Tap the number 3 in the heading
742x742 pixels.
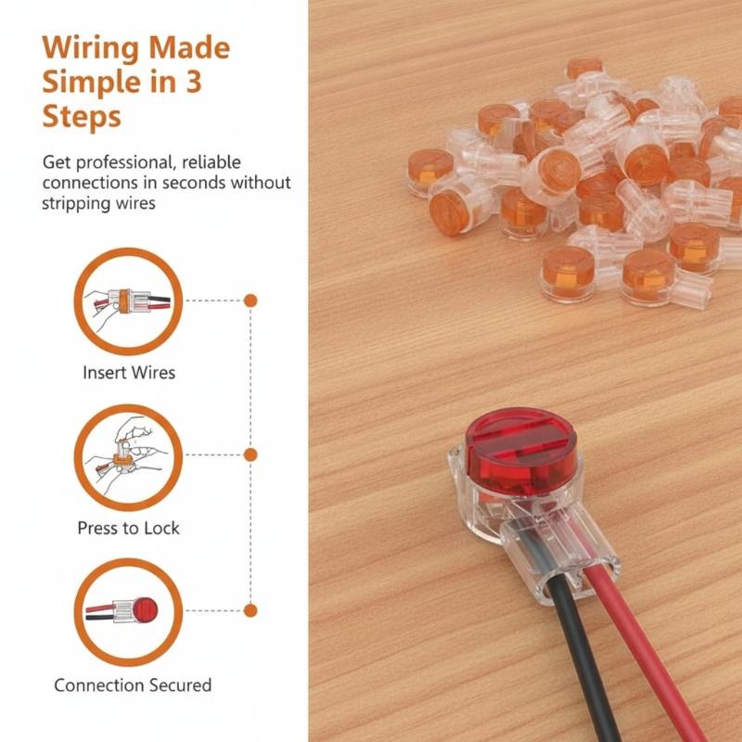coord(193,82)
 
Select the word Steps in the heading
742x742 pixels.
coord(82,118)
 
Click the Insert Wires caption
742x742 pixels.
coord(129,373)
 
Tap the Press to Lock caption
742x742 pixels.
coord(128,528)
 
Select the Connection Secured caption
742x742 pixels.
coord(133,684)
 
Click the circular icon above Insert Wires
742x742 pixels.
coord(128,249)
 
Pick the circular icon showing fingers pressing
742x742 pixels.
coord(128,405)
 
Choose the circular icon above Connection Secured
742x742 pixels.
coord(128,560)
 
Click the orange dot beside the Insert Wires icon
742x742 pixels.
coord(250,301)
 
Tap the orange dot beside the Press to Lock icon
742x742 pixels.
coord(250,454)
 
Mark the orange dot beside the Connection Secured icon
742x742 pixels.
coord(250,610)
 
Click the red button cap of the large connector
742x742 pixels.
coord(520,450)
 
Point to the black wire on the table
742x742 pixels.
coord(582,662)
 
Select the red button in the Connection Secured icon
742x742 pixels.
coord(145,609)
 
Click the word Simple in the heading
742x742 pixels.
coord(91,83)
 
